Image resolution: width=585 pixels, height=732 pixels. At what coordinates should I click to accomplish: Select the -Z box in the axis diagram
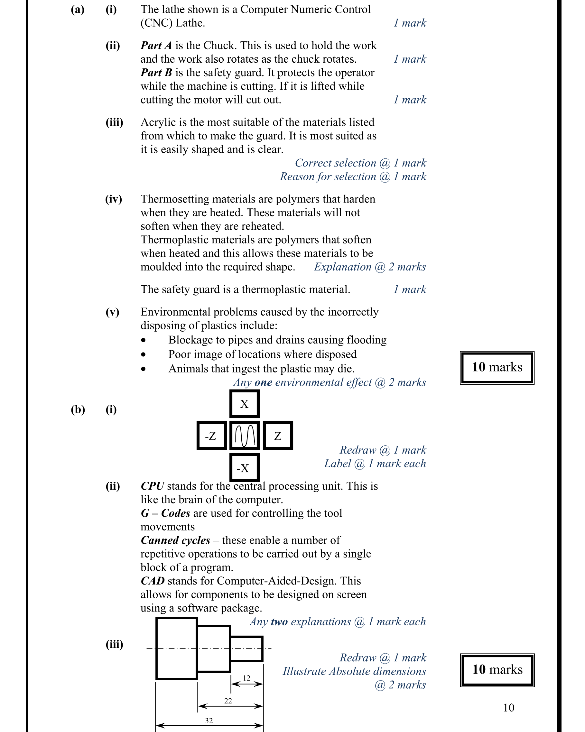point(211,436)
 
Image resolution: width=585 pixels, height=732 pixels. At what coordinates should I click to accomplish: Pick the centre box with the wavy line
point(245,436)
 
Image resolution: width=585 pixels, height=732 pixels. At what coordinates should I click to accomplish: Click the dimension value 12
point(246,678)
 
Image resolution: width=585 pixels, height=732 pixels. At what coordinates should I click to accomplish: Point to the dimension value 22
point(228,701)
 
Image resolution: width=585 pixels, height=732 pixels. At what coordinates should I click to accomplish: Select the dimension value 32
point(209,720)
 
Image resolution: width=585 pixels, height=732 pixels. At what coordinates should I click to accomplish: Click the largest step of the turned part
point(176,648)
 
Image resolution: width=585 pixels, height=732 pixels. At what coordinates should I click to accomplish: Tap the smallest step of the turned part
point(246,649)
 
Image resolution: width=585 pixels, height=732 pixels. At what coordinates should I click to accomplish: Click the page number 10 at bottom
point(508,708)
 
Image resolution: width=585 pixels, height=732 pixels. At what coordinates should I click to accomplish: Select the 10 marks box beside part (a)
point(497,368)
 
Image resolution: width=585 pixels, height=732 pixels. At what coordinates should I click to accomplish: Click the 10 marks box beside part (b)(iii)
point(497,670)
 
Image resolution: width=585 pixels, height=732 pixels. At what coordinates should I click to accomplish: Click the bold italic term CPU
point(152,486)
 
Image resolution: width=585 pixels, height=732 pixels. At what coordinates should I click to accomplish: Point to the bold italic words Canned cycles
point(175,540)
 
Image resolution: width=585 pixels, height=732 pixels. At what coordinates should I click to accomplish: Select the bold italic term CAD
point(153,581)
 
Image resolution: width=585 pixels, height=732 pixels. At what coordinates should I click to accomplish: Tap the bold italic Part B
point(156,73)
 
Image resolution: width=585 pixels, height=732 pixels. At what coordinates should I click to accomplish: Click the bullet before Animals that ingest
point(144,369)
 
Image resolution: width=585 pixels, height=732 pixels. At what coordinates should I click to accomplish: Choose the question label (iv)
point(114,199)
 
